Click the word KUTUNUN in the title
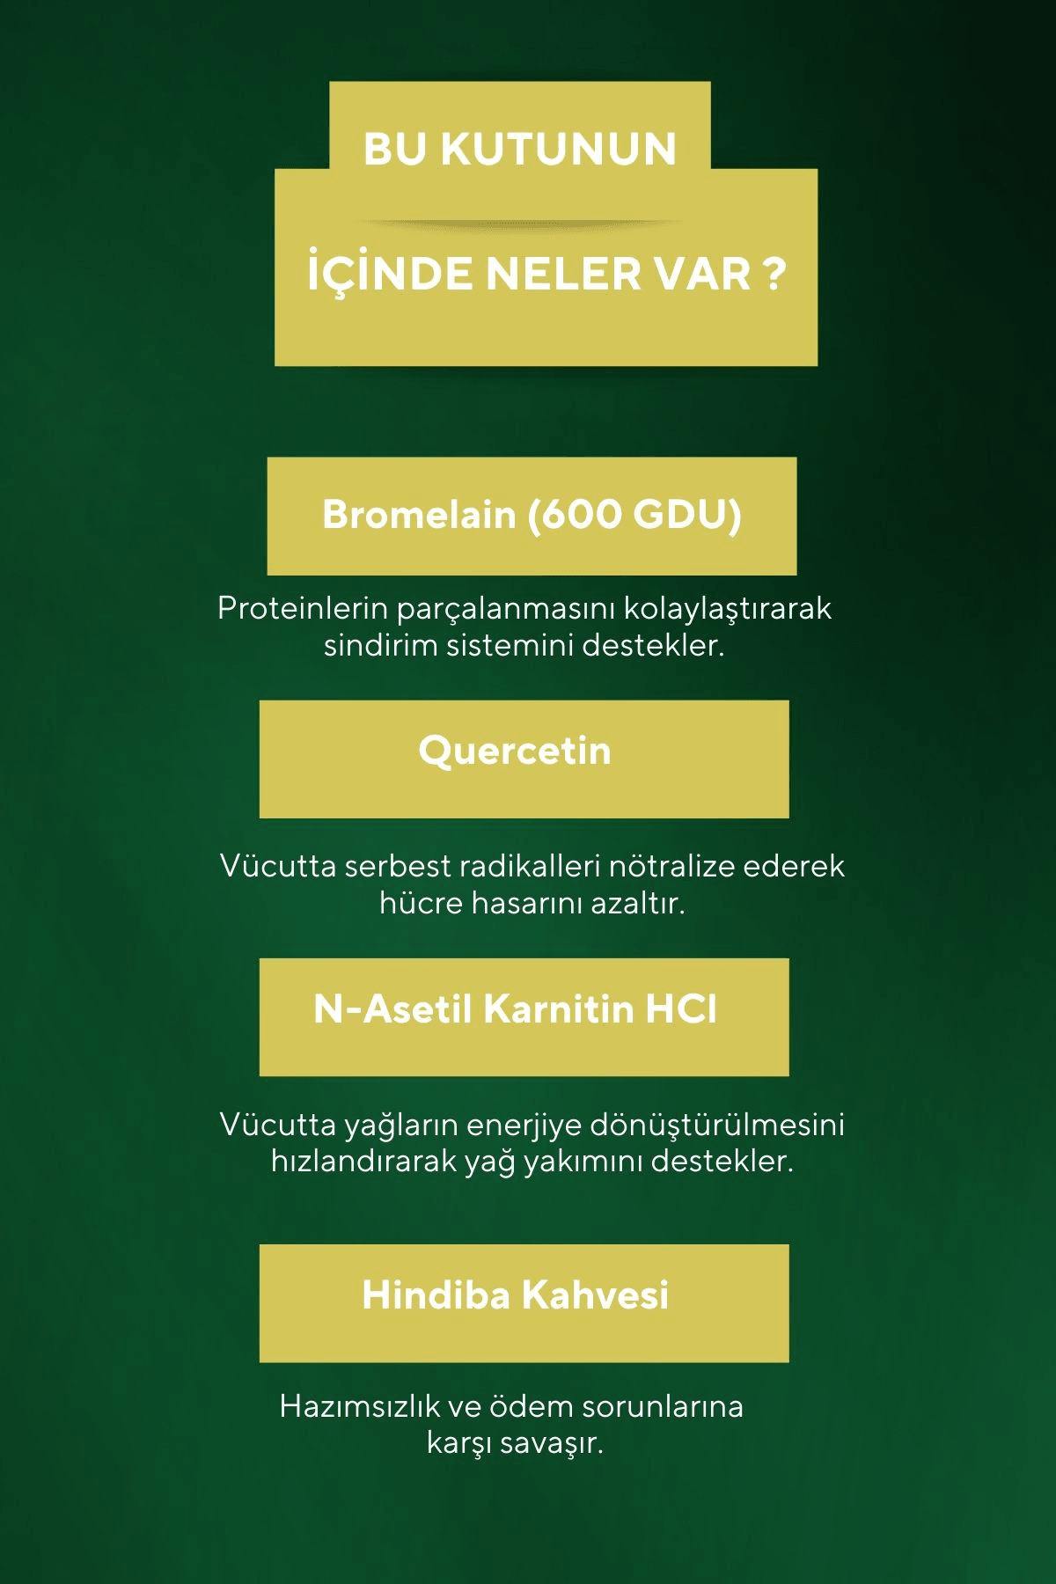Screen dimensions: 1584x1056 pyautogui.click(x=558, y=149)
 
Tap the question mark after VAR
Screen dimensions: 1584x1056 pyautogui.click(x=771, y=275)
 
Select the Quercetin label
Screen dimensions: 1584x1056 pyautogui.click(x=515, y=751)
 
